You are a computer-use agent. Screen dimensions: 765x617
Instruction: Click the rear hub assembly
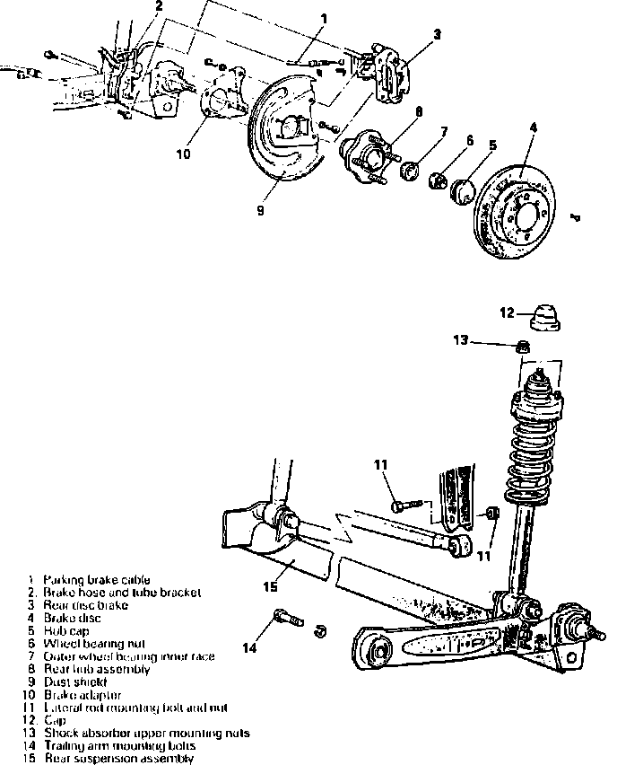coord(362,158)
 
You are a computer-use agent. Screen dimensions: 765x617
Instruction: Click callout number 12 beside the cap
coord(507,312)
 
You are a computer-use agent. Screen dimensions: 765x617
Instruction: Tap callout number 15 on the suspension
coord(272,587)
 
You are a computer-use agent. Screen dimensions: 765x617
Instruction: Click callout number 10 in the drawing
coord(183,154)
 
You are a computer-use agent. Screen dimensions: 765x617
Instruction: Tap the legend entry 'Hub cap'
coord(66,631)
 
